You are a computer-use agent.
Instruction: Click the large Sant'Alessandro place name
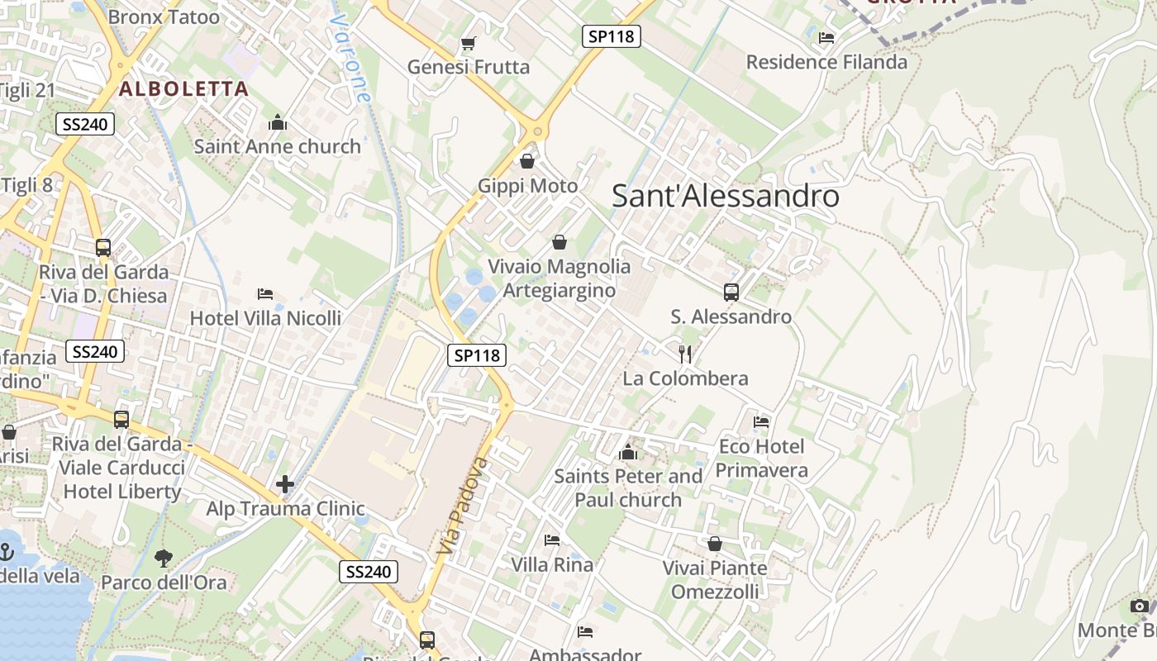tap(725, 197)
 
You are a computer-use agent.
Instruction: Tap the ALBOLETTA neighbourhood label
tap(183, 88)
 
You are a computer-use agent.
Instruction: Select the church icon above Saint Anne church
tap(278, 124)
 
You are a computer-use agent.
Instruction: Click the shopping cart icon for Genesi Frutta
tap(469, 43)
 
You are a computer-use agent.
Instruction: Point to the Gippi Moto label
tap(527, 186)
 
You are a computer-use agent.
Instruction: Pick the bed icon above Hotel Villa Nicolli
tap(265, 294)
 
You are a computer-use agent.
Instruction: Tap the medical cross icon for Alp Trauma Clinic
tap(285, 484)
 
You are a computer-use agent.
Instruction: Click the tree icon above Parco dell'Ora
tap(164, 559)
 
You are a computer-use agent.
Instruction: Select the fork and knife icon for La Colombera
tap(685, 354)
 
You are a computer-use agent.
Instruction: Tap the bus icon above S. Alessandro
tap(731, 292)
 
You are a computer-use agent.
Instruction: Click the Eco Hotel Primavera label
tap(761, 459)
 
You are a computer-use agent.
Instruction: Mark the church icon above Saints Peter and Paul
tap(628, 453)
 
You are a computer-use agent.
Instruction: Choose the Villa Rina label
tap(552, 565)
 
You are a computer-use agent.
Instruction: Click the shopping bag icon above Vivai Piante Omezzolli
tap(715, 544)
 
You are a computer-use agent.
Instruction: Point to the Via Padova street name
tap(459, 506)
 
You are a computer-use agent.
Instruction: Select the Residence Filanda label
tap(826, 62)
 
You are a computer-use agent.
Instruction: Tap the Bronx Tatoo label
tap(164, 17)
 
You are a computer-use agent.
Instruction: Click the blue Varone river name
tap(350, 58)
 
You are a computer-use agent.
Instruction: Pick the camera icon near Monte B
tap(1140, 606)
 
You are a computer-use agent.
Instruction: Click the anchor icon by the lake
tap(7, 551)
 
